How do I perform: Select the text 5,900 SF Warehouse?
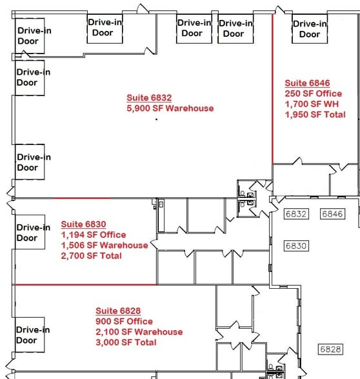click(170, 108)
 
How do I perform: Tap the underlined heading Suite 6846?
click(307, 83)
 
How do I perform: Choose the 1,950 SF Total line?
click(315, 115)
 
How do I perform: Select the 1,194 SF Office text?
click(94, 235)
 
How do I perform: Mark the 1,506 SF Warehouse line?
click(104, 245)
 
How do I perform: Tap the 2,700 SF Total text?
click(91, 256)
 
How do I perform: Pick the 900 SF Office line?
click(124, 321)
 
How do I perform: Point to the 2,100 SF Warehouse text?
click(139, 332)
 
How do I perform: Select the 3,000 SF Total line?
click(126, 342)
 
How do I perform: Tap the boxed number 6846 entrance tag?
click(332, 214)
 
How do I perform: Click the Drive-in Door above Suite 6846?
click(310, 29)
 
